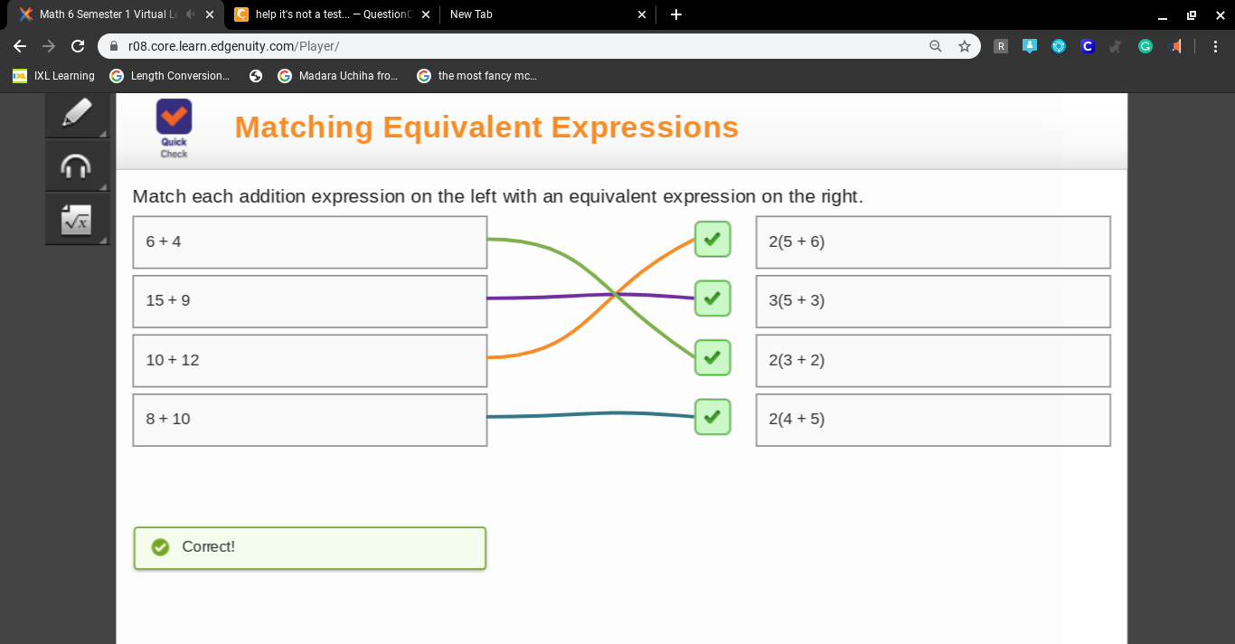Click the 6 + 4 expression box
point(310,242)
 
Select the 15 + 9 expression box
point(310,301)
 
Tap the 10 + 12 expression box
point(310,360)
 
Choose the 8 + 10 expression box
point(310,420)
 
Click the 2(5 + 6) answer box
point(933,242)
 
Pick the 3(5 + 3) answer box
point(933,301)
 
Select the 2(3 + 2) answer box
point(933,360)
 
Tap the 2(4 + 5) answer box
point(933,420)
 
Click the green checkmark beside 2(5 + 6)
point(712,240)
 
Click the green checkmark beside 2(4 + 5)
point(712,417)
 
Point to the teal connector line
point(590,413)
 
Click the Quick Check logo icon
point(174,117)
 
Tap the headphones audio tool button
point(76,166)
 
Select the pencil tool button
point(76,113)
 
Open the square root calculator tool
point(76,220)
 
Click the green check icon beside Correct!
point(160,547)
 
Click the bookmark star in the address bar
point(965,46)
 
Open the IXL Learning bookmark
point(53,76)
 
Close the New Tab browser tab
point(642,14)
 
